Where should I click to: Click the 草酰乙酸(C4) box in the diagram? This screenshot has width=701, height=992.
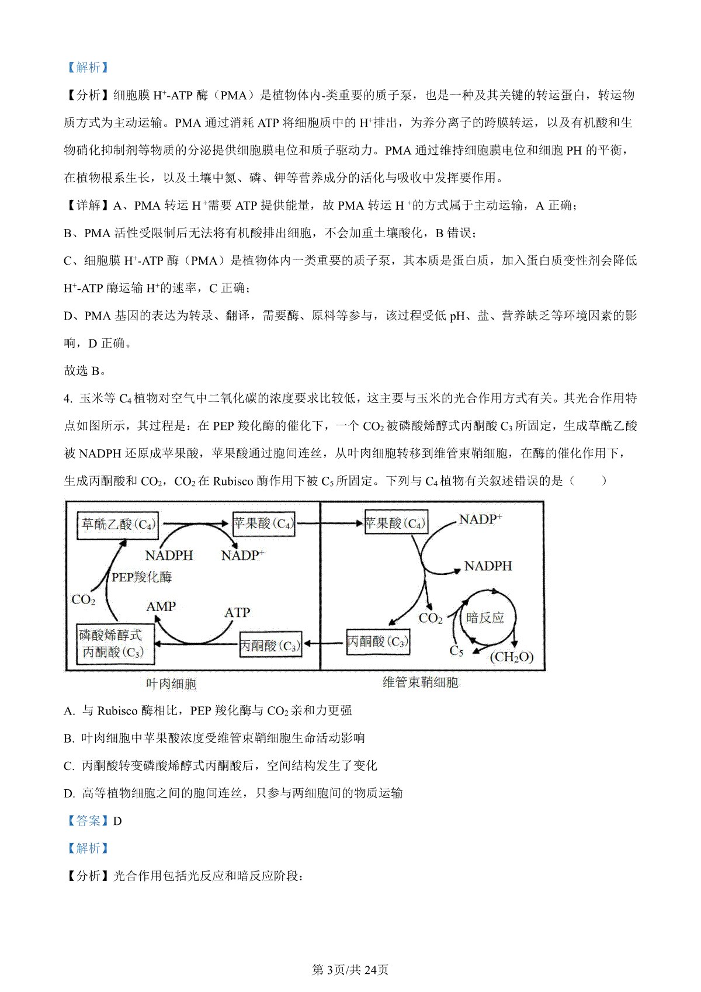click(x=118, y=524)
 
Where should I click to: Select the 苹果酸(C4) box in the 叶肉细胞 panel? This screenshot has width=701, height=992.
click(x=263, y=523)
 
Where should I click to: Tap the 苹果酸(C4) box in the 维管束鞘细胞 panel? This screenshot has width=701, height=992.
click(x=395, y=523)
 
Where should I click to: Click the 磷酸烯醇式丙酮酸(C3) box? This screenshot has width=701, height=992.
click(x=116, y=644)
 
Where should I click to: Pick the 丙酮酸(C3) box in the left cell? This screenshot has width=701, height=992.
click(x=270, y=646)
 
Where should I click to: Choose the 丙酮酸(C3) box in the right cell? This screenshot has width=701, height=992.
click(x=377, y=641)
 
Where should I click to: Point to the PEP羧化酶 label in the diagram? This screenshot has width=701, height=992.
click(x=141, y=577)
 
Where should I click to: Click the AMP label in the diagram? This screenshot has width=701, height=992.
click(x=161, y=606)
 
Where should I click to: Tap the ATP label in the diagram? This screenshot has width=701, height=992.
click(x=237, y=612)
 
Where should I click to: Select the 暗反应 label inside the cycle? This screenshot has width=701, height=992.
click(x=485, y=618)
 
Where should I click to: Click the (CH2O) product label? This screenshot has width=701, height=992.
click(x=511, y=657)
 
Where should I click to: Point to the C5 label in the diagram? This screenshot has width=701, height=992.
click(x=456, y=651)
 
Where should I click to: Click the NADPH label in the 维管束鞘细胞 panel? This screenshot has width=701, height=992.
click(x=488, y=566)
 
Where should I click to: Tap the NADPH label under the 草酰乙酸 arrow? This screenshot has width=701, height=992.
click(x=169, y=555)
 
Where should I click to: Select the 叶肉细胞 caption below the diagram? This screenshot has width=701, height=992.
click(x=171, y=684)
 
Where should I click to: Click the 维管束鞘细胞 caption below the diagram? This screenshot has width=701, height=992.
click(x=420, y=682)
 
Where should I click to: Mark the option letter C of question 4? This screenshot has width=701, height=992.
click(x=69, y=766)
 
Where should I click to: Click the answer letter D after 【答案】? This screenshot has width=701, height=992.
click(x=117, y=821)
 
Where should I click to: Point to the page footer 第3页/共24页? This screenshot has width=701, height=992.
click(x=350, y=970)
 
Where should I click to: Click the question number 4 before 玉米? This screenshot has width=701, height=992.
click(x=67, y=398)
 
